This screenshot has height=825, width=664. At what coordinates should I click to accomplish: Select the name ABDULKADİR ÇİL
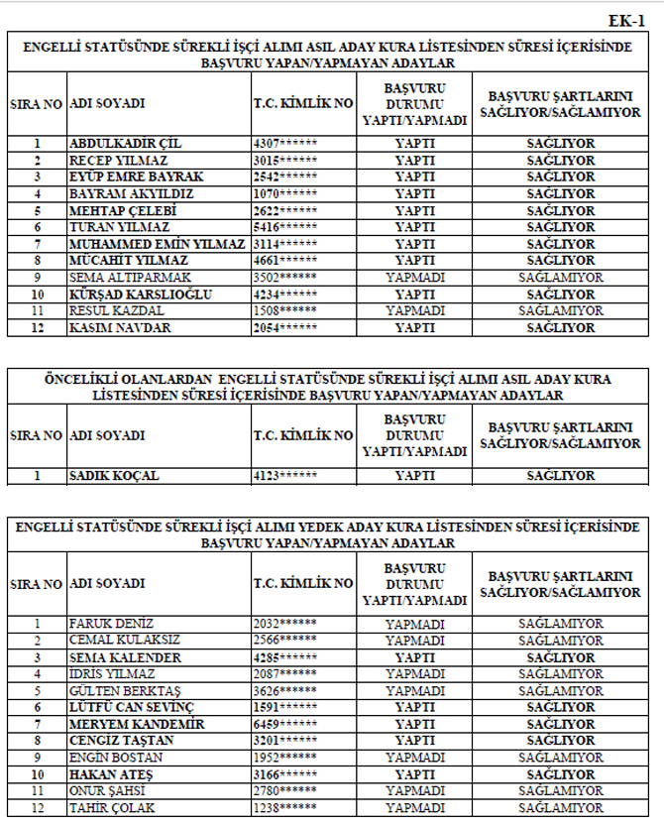pyautogui.click(x=125, y=144)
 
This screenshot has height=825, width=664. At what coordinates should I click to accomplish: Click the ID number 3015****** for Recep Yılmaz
pyautogui.click(x=285, y=161)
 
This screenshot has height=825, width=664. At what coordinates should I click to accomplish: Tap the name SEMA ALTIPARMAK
pyautogui.click(x=130, y=278)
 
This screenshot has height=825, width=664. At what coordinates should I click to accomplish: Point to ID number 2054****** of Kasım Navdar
pyautogui.click(x=285, y=328)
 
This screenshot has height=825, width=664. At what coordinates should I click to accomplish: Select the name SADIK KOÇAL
pyautogui.click(x=114, y=476)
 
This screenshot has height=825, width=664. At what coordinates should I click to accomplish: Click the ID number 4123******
pyautogui.click(x=285, y=476)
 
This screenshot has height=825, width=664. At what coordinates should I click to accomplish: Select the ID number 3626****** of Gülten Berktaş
pyautogui.click(x=285, y=691)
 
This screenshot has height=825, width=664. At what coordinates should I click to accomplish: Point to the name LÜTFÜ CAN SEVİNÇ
pyautogui.click(x=131, y=708)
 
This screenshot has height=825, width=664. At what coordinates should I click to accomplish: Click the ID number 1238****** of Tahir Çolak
pyautogui.click(x=285, y=808)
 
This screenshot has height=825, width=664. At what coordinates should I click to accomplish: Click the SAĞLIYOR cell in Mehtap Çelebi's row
pyautogui.click(x=560, y=211)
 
